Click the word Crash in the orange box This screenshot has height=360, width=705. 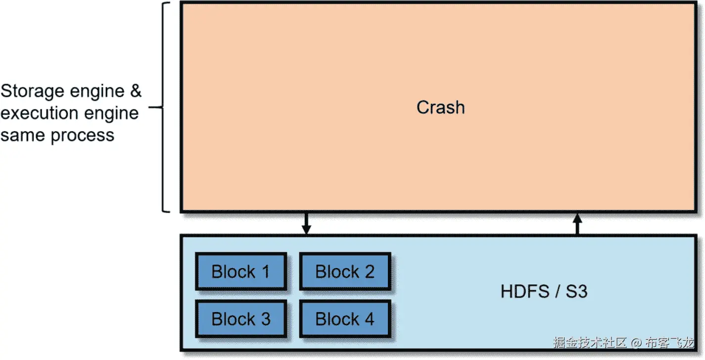point(440,107)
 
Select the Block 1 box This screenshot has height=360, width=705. point(241,271)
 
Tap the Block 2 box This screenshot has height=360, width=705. point(345,271)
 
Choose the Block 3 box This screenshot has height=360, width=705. point(241,319)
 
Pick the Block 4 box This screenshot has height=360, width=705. point(345,319)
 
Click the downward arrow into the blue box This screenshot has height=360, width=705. point(306,224)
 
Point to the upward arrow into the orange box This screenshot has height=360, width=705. point(577,224)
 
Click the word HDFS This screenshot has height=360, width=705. point(522,291)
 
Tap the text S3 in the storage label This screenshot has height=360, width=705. point(576,291)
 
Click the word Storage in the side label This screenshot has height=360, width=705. point(33,91)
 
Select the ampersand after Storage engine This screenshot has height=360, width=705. point(135,91)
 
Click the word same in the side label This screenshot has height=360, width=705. point(21,135)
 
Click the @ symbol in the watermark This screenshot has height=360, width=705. point(637,342)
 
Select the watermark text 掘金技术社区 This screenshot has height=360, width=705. point(590,342)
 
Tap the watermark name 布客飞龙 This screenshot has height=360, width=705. point(669,342)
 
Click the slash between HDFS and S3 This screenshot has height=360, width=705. point(557,291)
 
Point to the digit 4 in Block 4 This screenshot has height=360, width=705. point(369,319)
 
